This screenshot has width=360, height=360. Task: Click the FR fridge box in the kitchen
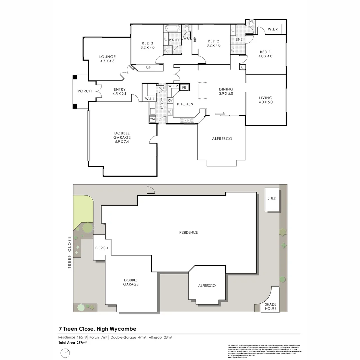click(185, 87)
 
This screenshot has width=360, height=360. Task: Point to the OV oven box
click(170, 100)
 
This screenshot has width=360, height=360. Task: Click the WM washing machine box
click(153, 119)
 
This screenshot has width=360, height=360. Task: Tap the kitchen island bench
click(202, 91)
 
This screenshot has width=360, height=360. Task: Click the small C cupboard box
click(243, 67)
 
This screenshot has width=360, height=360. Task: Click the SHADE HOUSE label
click(271, 306)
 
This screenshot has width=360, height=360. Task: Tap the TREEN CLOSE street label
click(70, 252)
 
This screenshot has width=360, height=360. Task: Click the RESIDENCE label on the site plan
click(188, 232)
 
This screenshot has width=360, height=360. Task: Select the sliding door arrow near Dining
click(220, 113)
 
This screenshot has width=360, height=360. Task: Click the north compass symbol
click(65, 352)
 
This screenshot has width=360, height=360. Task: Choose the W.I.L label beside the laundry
click(148, 99)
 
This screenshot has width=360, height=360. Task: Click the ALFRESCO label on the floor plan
click(222, 138)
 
